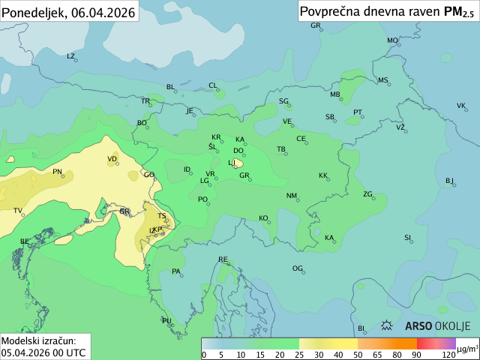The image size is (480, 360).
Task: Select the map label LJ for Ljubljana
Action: click(232, 163)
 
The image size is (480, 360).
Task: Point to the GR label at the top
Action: click(316, 25)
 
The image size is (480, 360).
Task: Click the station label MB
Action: click(335, 94)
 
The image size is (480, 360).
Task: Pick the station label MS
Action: click(383, 80)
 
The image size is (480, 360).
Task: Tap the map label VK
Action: click(461, 106)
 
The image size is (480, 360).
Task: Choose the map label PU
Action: click(167, 321)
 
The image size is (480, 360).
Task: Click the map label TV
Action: click(18, 211)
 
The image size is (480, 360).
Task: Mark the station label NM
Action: click(292, 196)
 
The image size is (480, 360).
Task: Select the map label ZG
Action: click(367, 194)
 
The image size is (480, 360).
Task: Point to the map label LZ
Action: click(71, 56)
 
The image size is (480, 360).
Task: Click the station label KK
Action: click(323, 175)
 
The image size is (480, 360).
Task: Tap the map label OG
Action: click(298, 268)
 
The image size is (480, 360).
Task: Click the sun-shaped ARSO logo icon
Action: click(388, 326)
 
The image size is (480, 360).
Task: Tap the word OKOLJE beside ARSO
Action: click(452, 326)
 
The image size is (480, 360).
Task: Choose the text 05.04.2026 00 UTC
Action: click(43, 352)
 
